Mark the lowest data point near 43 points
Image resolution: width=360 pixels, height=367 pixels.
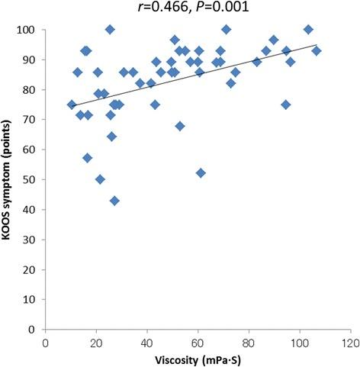click(114, 201)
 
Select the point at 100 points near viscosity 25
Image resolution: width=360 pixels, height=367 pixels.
click(110, 30)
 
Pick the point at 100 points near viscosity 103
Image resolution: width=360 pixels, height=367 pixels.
click(308, 30)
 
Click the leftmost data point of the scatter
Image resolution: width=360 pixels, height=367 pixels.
click(72, 105)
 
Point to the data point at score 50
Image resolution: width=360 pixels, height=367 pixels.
click(100, 179)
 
